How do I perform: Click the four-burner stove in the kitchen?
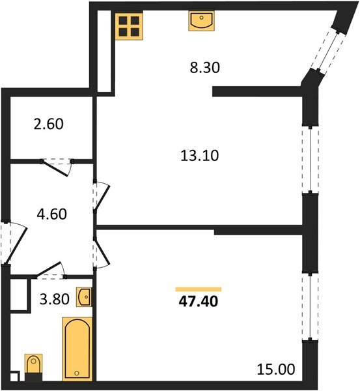tap(129, 25)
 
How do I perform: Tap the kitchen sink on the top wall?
tap(201, 21)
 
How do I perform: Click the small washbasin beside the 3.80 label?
tap(85, 297)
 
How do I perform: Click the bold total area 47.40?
tap(199, 303)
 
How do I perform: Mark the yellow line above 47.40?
tap(199, 289)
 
